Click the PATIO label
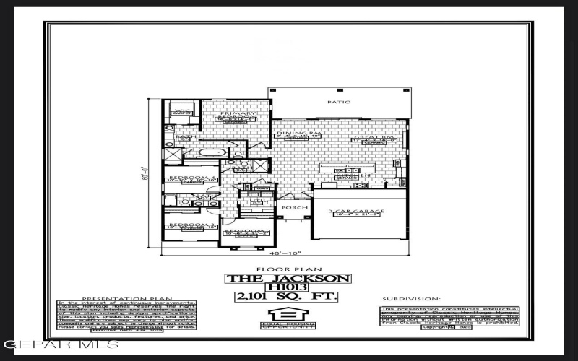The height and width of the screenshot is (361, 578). pos(339,103)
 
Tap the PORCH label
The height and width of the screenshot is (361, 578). pos(300,208)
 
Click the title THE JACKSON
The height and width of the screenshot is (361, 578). pos(289,279)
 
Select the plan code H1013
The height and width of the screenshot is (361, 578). pos(289,287)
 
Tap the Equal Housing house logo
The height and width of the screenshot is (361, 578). pos(289,315)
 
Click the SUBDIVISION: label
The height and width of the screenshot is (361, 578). pos(410,297)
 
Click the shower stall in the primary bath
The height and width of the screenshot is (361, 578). pos(173,153)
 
